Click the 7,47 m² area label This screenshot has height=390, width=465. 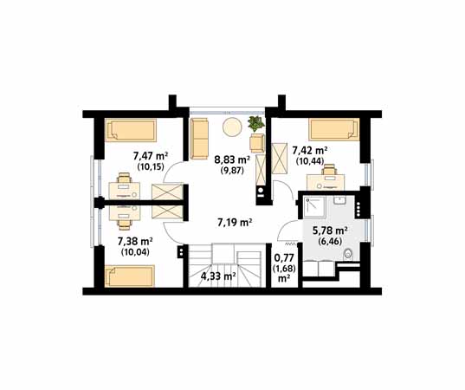pyautogui.click(x=151, y=156)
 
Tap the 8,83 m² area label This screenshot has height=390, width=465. pyautogui.click(x=232, y=160)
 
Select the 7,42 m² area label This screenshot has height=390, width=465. pyautogui.click(x=310, y=151)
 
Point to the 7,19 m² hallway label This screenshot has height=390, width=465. pyautogui.click(x=235, y=223)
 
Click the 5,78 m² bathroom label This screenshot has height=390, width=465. pyautogui.click(x=331, y=231)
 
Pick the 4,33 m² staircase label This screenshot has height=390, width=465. pyautogui.click(x=218, y=276)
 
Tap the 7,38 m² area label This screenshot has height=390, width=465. pyautogui.click(x=135, y=241)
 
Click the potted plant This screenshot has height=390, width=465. pyautogui.click(x=256, y=124)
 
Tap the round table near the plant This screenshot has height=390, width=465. pyautogui.click(x=232, y=127)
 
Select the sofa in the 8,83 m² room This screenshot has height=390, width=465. pyautogui.click(x=199, y=139)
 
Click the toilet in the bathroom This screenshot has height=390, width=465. pyautogui.click(x=347, y=254)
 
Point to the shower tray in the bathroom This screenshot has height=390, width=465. pyautogui.click(x=314, y=207)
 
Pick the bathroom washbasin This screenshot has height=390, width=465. pyautogui.click(x=339, y=200)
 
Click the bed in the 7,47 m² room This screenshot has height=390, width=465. pyautogui.click(x=131, y=130)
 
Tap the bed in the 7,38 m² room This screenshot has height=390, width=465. pyautogui.click(x=130, y=276)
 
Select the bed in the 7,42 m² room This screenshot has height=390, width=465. pyautogui.click(x=334, y=129)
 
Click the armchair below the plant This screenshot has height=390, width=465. pyautogui.click(x=257, y=143)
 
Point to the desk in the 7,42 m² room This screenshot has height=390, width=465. pyautogui.click(x=326, y=182)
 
